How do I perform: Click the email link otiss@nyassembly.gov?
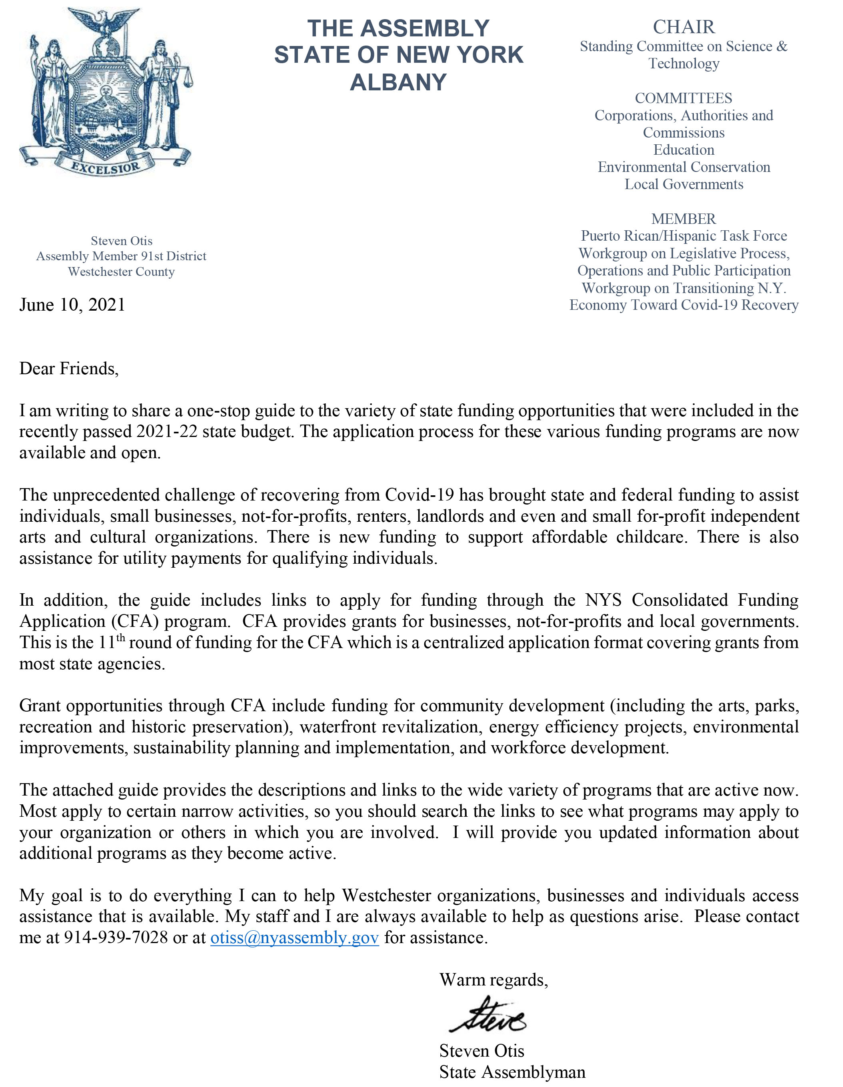(x=294, y=938)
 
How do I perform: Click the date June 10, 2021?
(x=72, y=305)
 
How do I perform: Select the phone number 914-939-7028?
(x=116, y=938)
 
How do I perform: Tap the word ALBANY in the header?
(x=398, y=82)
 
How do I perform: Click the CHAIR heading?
(x=684, y=27)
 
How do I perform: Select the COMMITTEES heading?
(x=684, y=98)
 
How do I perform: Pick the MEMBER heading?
(x=684, y=219)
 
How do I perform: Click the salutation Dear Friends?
(x=69, y=369)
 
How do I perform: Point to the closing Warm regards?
(x=493, y=980)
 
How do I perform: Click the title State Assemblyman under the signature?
(x=512, y=1071)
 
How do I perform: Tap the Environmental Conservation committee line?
(x=684, y=167)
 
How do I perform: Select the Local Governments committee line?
(x=684, y=184)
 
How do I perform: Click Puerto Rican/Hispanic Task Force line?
(x=684, y=236)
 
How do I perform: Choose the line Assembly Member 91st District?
(x=121, y=256)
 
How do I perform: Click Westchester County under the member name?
(x=121, y=272)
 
